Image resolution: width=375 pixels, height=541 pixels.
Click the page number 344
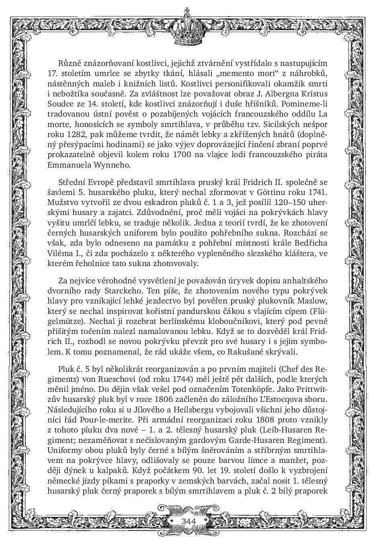click(188, 521)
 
